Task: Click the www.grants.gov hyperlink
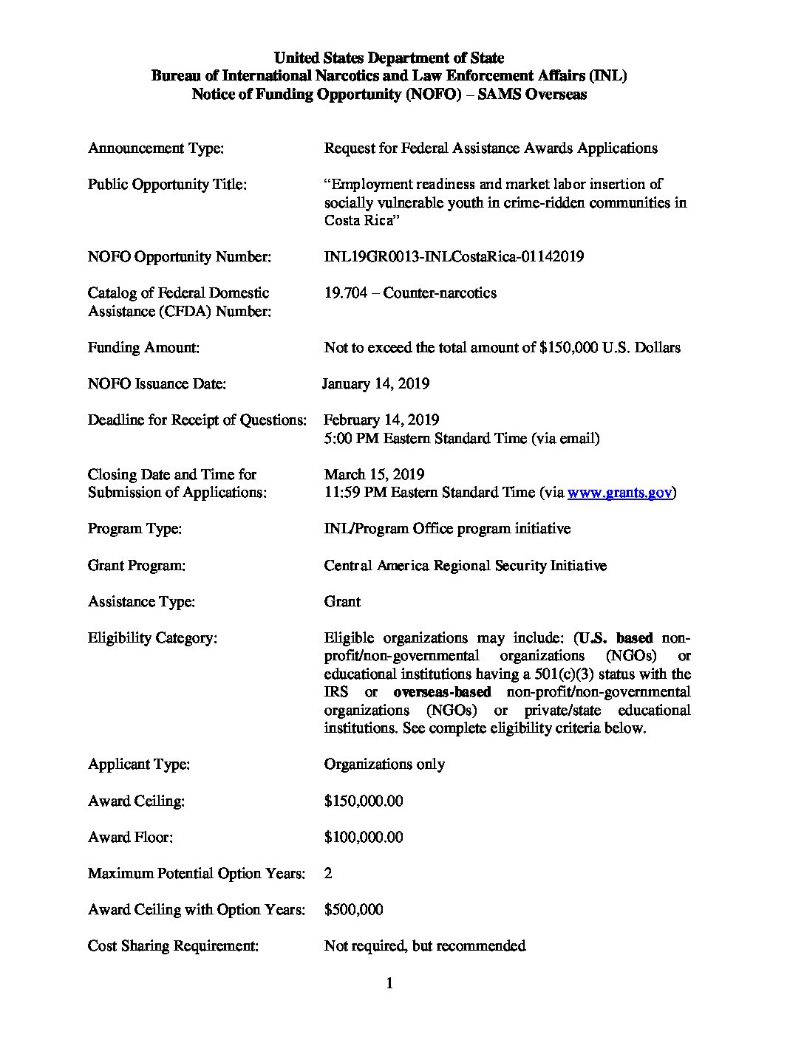tap(619, 493)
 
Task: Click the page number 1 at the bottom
tap(389, 983)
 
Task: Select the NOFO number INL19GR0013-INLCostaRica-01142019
tap(454, 257)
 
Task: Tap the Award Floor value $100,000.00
tap(364, 837)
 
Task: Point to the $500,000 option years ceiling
tap(353, 909)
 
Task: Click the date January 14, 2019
tap(376, 383)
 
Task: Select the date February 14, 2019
tap(381, 420)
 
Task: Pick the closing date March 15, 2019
tap(374, 474)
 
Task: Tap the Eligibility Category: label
tap(152, 637)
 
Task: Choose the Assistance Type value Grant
tap(342, 601)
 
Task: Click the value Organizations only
tap(384, 764)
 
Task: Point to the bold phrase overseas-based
tap(442, 692)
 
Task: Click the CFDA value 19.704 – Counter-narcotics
tap(410, 293)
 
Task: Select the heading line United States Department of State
tap(389, 58)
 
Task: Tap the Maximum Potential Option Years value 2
tap(328, 873)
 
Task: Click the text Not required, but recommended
tap(425, 945)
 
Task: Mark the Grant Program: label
tap(136, 565)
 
